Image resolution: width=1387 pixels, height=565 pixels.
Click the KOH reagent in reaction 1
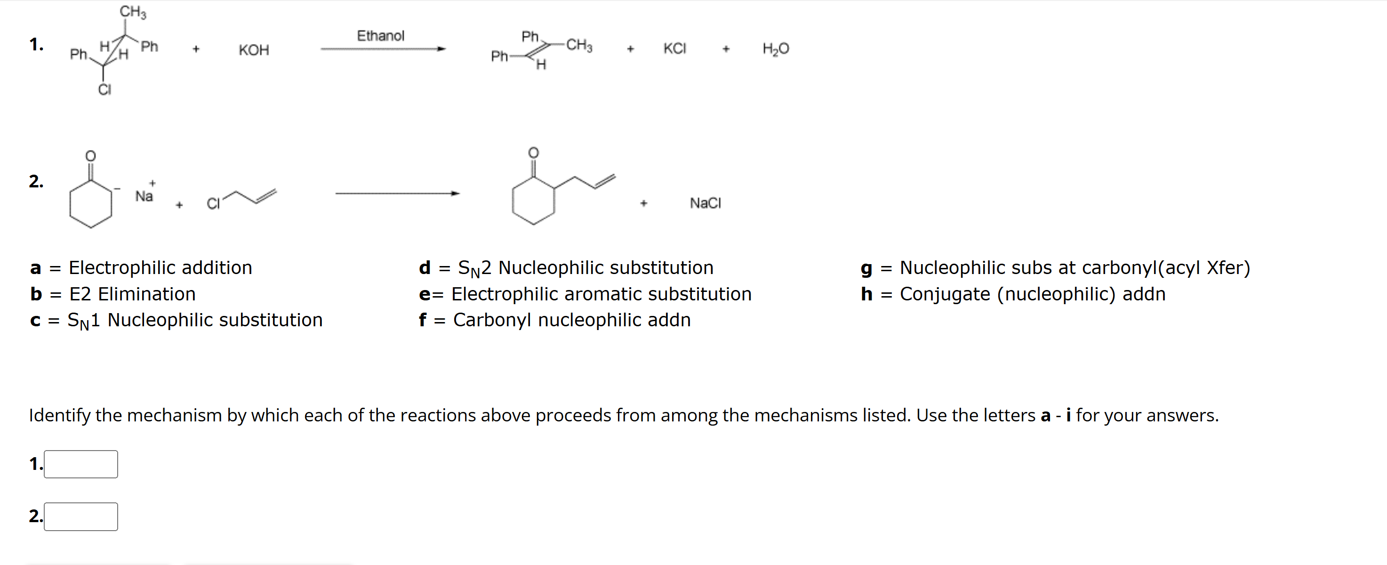[254, 50]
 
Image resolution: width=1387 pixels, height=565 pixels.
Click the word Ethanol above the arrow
[380, 36]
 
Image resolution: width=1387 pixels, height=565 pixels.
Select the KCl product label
[674, 48]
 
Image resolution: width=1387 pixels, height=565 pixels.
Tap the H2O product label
[775, 49]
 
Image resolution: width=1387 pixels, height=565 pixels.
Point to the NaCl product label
[705, 203]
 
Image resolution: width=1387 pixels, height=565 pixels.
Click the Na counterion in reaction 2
[144, 196]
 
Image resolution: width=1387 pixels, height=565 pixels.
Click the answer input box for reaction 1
[81, 464]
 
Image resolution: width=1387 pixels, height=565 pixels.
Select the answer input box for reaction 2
[81, 516]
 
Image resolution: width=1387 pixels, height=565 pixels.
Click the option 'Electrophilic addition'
[160, 268]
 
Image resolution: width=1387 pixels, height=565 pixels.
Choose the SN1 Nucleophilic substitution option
[194, 320]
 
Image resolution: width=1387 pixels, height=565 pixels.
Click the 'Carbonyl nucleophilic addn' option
[571, 320]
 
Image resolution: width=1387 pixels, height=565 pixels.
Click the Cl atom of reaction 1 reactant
[104, 89]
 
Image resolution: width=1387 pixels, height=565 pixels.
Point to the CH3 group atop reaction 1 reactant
[132, 11]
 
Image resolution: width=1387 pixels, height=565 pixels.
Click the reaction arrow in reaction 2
[397, 194]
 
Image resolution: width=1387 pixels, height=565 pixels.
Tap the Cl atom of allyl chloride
[213, 203]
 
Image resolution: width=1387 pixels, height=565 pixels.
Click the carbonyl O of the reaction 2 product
[533, 153]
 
